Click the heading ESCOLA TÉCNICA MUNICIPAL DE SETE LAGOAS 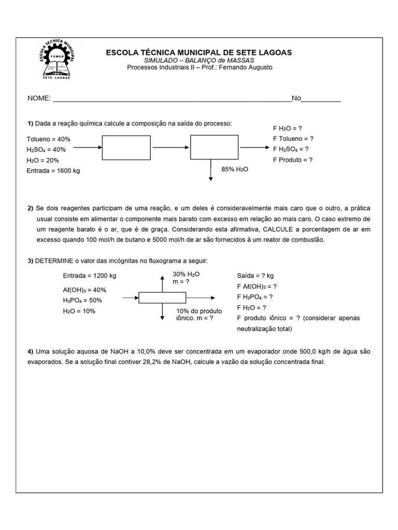198,52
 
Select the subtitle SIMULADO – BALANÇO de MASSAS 199,61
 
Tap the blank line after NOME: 171,99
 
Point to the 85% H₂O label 235,169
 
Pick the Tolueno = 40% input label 48,139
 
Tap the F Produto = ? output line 292,160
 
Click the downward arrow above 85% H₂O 211,171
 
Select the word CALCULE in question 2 279,229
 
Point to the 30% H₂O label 186,274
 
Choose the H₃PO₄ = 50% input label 82,301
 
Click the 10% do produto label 199,311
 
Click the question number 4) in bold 31,352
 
